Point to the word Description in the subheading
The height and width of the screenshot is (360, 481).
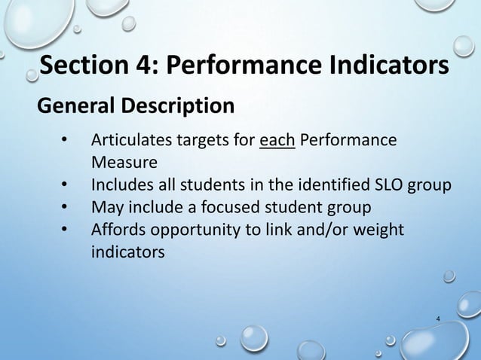coord(179,105)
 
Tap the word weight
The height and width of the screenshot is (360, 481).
coord(381,228)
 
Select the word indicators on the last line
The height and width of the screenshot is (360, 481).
coord(127,250)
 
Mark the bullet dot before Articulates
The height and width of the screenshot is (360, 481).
coord(65,141)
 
